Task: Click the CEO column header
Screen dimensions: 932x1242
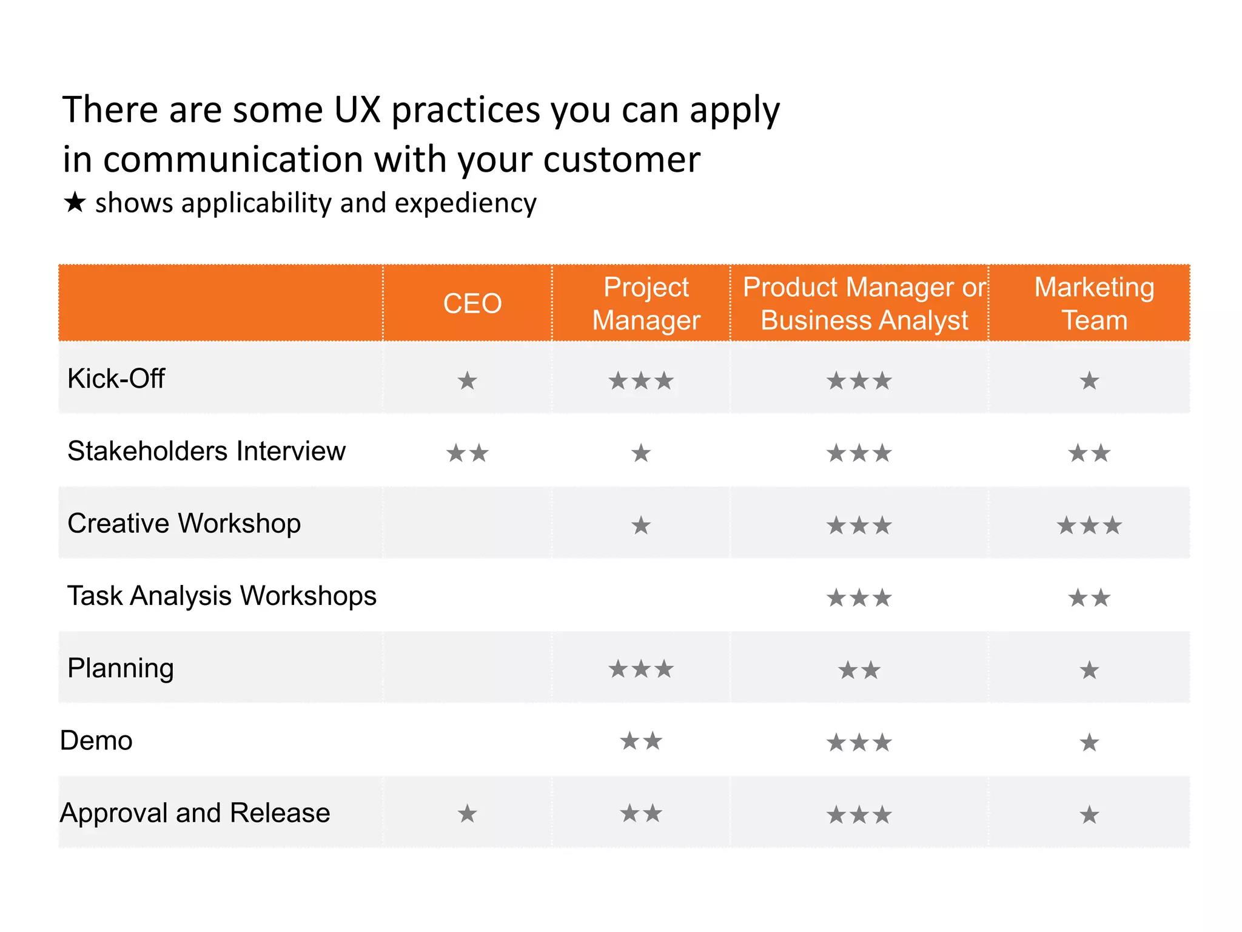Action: tap(472, 303)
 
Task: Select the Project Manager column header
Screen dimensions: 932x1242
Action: tap(646, 303)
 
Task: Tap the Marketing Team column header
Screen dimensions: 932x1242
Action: tap(1094, 303)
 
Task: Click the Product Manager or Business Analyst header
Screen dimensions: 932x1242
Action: tap(864, 303)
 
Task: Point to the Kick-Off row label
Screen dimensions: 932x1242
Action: tap(116, 379)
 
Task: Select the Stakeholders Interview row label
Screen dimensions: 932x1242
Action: tap(206, 451)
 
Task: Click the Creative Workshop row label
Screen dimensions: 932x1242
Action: tap(184, 523)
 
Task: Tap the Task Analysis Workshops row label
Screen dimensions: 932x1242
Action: tap(221, 595)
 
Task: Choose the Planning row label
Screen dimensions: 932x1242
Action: tap(121, 668)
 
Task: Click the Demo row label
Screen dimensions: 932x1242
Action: tap(96, 740)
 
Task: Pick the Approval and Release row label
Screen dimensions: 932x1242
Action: tap(195, 812)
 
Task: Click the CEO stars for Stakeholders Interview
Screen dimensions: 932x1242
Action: tap(467, 453)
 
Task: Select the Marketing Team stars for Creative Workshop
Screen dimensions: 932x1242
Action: tap(1089, 525)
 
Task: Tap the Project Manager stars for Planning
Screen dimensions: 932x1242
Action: tap(641, 670)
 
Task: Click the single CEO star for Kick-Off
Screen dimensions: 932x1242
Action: tap(467, 381)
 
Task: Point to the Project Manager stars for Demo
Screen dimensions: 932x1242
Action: tap(641, 741)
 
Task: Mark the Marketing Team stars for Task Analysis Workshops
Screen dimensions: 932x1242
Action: tap(1089, 598)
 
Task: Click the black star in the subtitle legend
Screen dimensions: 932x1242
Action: tap(75, 202)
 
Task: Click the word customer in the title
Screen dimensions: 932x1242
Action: tap(622, 160)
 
